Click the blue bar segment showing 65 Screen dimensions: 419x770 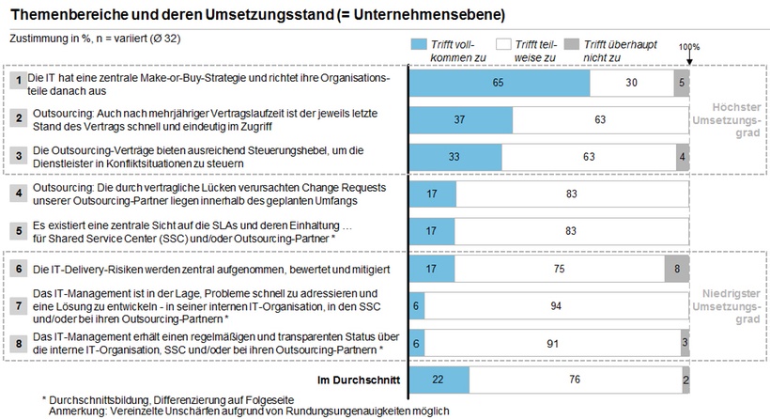[500, 83]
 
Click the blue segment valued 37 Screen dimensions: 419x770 [461, 120]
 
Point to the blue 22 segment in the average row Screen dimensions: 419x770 [439, 380]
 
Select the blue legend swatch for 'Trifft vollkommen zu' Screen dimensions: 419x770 [420, 44]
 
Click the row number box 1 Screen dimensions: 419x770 [17, 83]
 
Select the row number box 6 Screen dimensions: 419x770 [17, 269]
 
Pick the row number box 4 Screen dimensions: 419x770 [17, 194]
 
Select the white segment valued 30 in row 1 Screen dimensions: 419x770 [632, 83]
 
